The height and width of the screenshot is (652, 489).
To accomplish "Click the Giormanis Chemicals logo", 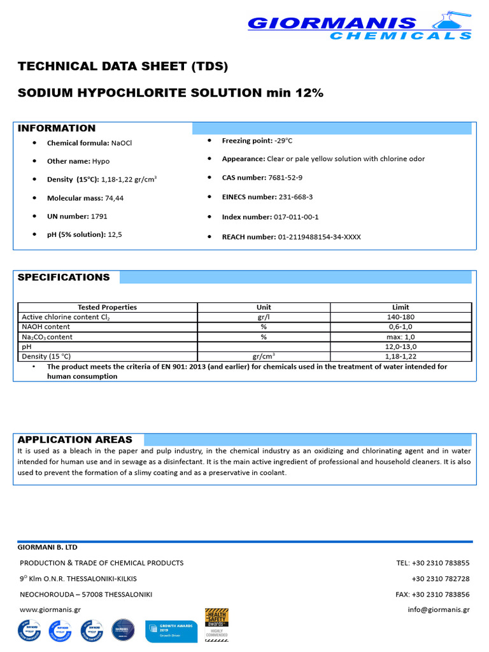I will pyautogui.click(x=360, y=26).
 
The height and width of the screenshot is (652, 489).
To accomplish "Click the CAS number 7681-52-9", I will pyautogui.click(x=288, y=178).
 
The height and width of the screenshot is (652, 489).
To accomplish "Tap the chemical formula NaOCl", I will pyautogui.click(x=122, y=143).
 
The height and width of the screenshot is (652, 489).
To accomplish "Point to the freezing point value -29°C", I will pyautogui.click(x=283, y=140).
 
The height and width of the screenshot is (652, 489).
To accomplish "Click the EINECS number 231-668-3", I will pyautogui.click(x=294, y=197).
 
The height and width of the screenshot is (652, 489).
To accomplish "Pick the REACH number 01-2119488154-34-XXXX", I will pyautogui.click(x=319, y=237).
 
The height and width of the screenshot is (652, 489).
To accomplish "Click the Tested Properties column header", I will pyautogui.click(x=107, y=307).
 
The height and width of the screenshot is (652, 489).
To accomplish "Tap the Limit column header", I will pyautogui.click(x=400, y=307).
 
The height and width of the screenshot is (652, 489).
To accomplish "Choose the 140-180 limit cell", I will pyautogui.click(x=400, y=316).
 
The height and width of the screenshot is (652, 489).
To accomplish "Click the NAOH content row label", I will pyautogui.click(x=46, y=327).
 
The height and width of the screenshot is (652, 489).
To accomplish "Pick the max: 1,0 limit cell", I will pyautogui.click(x=400, y=337).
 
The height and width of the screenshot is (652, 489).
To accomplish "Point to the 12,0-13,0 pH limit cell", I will pyautogui.click(x=400, y=346).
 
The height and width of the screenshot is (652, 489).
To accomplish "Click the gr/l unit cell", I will pyautogui.click(x=263, y=316).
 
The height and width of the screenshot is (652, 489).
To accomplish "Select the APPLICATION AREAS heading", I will pyautogui.click(x=75, y=439).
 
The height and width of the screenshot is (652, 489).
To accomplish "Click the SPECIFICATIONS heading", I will pyautogui.click(x=64, y=277).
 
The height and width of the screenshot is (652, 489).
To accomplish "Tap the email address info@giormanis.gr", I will pyautogui.click(x=439, y=609).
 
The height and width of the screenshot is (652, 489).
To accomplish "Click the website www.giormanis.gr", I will pyautogui.click(x=50, y=609).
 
